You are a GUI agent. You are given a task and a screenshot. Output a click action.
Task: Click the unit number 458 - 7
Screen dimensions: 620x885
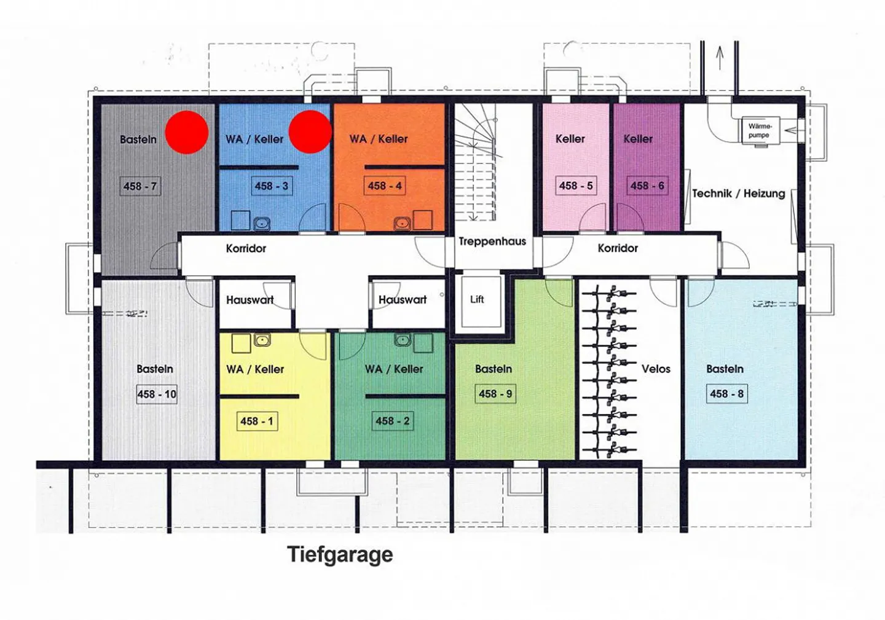pos(140,186)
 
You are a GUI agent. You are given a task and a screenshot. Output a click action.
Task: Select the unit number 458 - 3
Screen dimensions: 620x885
pos(272,186)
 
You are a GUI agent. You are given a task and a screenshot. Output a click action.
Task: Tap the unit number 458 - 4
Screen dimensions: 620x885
pos(385,186)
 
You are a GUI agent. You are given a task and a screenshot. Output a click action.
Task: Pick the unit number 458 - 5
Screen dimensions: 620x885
pos(576,186)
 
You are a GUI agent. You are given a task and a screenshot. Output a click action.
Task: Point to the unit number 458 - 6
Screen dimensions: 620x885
pos(647,186)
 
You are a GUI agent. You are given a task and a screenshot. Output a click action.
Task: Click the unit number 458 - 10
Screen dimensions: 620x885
pos(157,394)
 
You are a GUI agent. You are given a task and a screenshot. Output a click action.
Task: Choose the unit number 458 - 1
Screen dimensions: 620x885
pos(256,421)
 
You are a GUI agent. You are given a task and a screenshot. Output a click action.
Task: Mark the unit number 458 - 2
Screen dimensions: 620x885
pos(392,421)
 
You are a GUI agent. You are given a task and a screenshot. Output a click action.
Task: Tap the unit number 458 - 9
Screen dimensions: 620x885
pos(495,394)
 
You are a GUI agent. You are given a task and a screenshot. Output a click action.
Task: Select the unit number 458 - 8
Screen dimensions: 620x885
pos(726,394)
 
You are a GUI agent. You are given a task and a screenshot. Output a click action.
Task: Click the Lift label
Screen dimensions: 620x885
pos(477,299)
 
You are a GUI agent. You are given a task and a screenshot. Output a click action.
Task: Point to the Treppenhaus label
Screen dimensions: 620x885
pos(492,241)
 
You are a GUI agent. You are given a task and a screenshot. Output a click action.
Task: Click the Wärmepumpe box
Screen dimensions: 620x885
pos(759,130)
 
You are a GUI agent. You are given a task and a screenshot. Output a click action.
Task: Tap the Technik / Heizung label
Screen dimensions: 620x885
pos(738,194)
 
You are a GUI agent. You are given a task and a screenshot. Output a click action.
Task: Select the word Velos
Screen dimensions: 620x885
pos(656,369)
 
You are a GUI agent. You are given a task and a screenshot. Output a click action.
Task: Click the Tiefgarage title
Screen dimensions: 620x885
pos(340,554)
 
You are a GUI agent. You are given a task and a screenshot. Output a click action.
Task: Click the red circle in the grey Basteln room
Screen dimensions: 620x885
pos(187,131)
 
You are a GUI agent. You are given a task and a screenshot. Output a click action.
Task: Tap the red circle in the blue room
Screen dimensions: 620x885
pos(310,131)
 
